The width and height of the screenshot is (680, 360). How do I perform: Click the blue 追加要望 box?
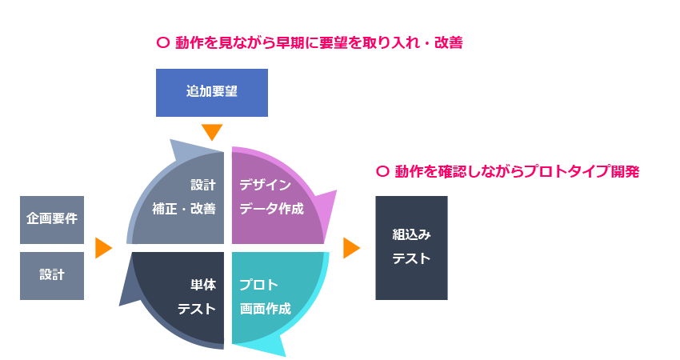point(211,92)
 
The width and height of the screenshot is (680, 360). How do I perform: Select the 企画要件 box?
point(52,218)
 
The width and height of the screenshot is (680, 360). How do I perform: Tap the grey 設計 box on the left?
point(52,275)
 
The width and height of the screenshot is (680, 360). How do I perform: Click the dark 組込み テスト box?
point(411,247)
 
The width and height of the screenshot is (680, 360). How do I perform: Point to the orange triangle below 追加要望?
point(212,133)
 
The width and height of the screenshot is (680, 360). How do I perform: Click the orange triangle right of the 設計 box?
point(103,248)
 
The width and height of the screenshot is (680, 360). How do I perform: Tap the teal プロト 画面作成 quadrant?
point(272,296)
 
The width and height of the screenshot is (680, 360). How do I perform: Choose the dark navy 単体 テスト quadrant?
point(184,296)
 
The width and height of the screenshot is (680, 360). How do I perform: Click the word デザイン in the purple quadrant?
point(265,185)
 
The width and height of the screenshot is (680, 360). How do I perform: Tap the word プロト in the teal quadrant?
point(258,285)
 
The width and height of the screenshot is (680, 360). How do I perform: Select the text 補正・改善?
point(184,210)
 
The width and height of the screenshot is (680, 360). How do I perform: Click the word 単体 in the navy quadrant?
point(203,285)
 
